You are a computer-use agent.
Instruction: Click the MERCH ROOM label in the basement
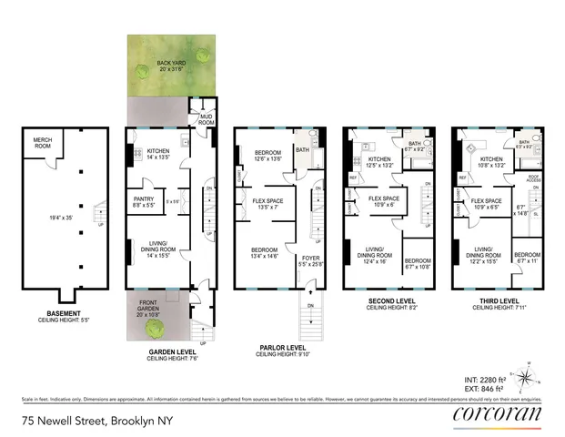tap(42, 142)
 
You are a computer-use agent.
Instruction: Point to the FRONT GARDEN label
tap(149, 305)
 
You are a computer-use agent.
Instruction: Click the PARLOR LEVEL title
tap(283, 346)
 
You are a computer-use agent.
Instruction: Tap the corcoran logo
tap(496, 415)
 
